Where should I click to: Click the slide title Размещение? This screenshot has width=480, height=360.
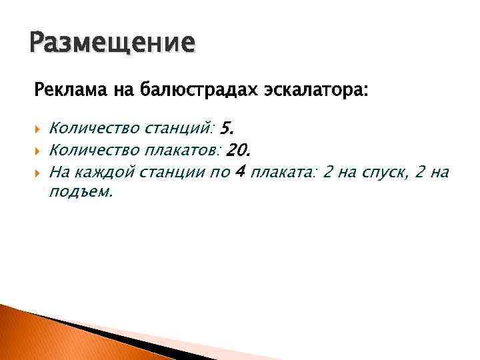pos(113,43)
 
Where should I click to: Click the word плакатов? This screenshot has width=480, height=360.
pos(183,150)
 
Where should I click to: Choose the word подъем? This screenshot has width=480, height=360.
pos(81,192)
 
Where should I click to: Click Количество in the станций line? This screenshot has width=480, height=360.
pos(94,127)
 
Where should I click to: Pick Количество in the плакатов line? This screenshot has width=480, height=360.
pos(94,150)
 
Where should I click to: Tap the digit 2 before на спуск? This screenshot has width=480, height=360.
pos(326,173)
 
